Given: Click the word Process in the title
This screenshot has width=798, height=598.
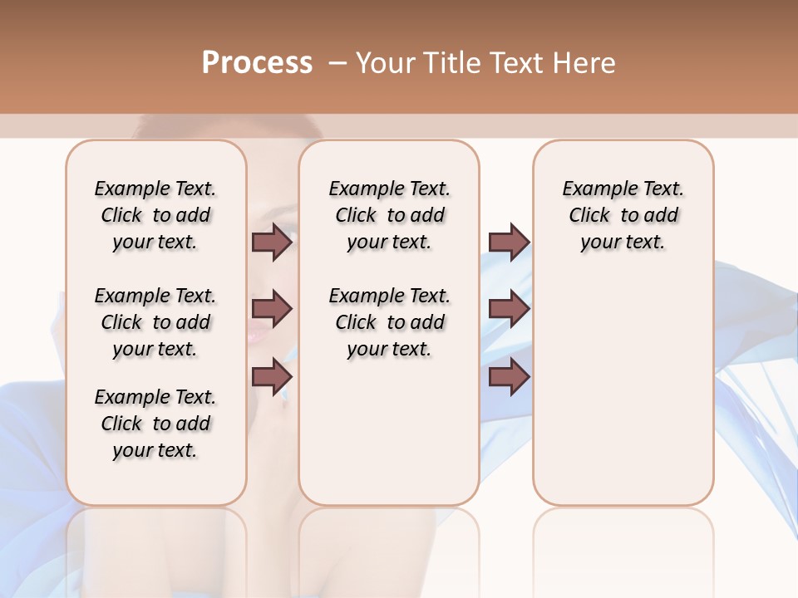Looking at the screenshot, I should click(257, 62).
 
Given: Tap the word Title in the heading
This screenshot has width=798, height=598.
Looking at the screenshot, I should click(449, 62).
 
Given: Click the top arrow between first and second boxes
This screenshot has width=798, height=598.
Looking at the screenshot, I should click(272, 242).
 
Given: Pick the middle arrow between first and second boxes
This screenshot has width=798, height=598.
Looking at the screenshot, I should click(272, 309).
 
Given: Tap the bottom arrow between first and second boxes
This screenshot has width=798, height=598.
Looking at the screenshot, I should click(272, 376).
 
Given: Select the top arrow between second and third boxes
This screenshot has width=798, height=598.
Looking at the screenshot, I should click(509, 242).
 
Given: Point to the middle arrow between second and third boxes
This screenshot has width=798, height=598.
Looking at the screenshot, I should click(509, 309).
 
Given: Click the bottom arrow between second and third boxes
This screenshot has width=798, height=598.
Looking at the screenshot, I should click(509, 376).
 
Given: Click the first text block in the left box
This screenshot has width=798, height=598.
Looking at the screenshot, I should click(155, 215).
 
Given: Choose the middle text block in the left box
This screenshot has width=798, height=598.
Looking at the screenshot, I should click(155, 322).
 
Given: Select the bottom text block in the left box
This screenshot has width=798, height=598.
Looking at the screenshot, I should click(155, 424).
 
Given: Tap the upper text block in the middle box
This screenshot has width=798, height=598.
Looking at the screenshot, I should click(389, 215).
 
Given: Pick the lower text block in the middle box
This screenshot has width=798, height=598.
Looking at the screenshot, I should click(389, 322).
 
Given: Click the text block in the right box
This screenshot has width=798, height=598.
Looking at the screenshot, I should click(623, 215).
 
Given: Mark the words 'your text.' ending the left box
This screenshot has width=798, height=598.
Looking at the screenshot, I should click(155, 450).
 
